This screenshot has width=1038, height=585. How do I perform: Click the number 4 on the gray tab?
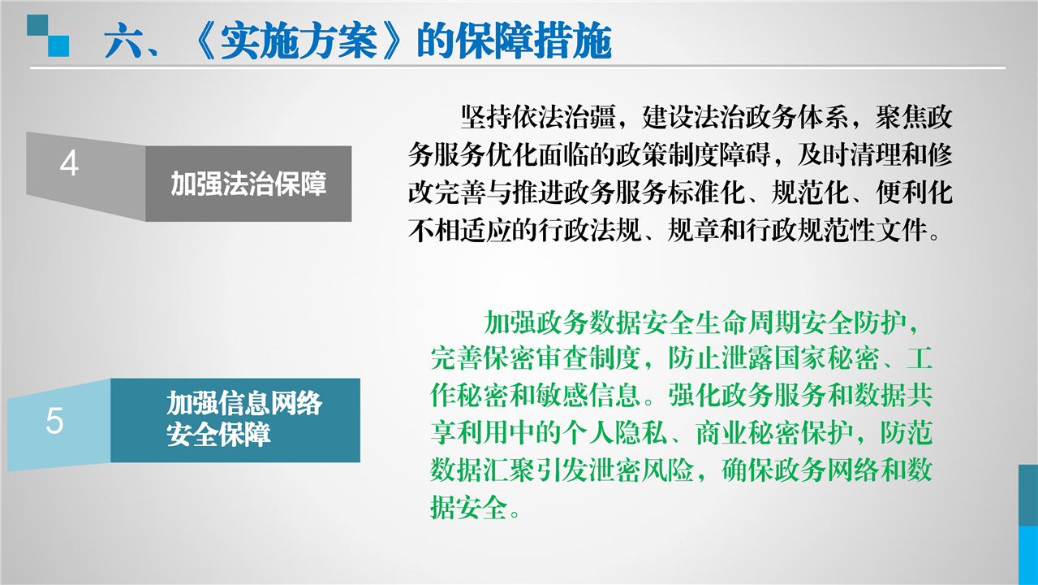point(69,163)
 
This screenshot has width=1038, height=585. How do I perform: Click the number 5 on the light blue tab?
point(54,421)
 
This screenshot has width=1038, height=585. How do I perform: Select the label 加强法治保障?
point(248,184)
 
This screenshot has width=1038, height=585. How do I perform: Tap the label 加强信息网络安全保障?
point(244,419)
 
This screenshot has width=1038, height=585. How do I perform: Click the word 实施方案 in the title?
point(299,41)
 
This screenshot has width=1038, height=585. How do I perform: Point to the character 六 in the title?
point(123,41)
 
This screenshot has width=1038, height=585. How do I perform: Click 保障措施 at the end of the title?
point(533,41)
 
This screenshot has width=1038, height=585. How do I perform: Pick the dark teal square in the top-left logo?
point(37,25)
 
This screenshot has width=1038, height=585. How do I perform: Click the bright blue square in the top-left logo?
point(58,46)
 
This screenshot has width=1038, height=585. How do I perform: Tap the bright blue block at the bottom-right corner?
point(1028,555)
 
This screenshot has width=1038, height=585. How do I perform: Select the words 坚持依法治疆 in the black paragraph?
point(538,117)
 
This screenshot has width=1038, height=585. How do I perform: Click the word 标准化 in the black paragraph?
point(706,193)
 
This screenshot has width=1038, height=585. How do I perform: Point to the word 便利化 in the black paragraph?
point(914,193)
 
